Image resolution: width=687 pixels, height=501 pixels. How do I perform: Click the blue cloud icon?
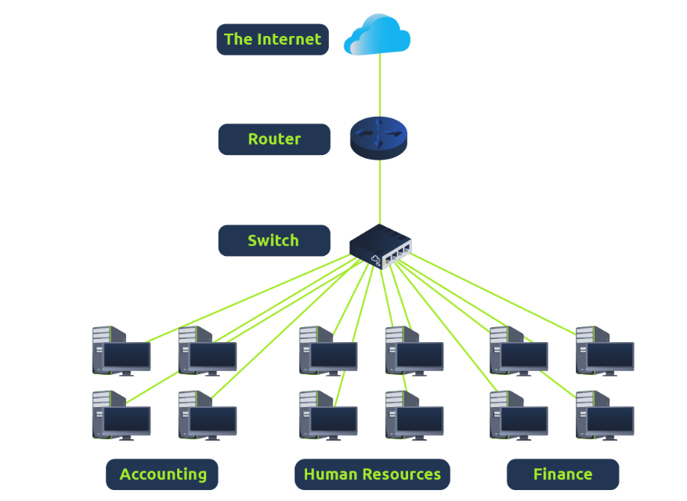tap(378, 35)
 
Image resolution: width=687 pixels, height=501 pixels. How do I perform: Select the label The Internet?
tap(273, 39)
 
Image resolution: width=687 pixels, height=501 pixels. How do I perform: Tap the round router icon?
tap(379, 137)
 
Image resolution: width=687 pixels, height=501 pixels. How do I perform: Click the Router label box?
tap(274, 139)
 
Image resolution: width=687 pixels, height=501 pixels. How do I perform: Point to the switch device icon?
tap(380, 246)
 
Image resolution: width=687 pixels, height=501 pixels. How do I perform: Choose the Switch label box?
tap(273, 240)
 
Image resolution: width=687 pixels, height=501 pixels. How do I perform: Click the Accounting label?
tap(162, 474)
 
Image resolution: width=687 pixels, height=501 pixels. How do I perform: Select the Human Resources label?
tap(372, 474)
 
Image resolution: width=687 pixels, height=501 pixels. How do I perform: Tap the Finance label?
tap(562, 474)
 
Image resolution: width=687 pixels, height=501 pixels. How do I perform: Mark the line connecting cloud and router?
tap(380, 86)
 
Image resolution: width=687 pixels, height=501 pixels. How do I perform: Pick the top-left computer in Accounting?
tap(121, 351)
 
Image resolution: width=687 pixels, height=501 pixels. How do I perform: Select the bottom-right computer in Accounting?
tap(207, 416)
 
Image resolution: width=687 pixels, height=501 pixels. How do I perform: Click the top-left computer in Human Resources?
tap(327, 351)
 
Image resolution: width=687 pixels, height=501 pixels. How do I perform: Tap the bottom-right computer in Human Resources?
tap(414, 416)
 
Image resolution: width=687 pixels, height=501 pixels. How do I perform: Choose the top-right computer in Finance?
tap(604, 351)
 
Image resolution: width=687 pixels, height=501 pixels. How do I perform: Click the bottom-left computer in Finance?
tap(518, 416)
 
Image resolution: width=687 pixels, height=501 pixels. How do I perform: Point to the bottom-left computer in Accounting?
tap(121, 416)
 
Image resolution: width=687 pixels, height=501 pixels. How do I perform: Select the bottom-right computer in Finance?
tap(604, 416)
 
